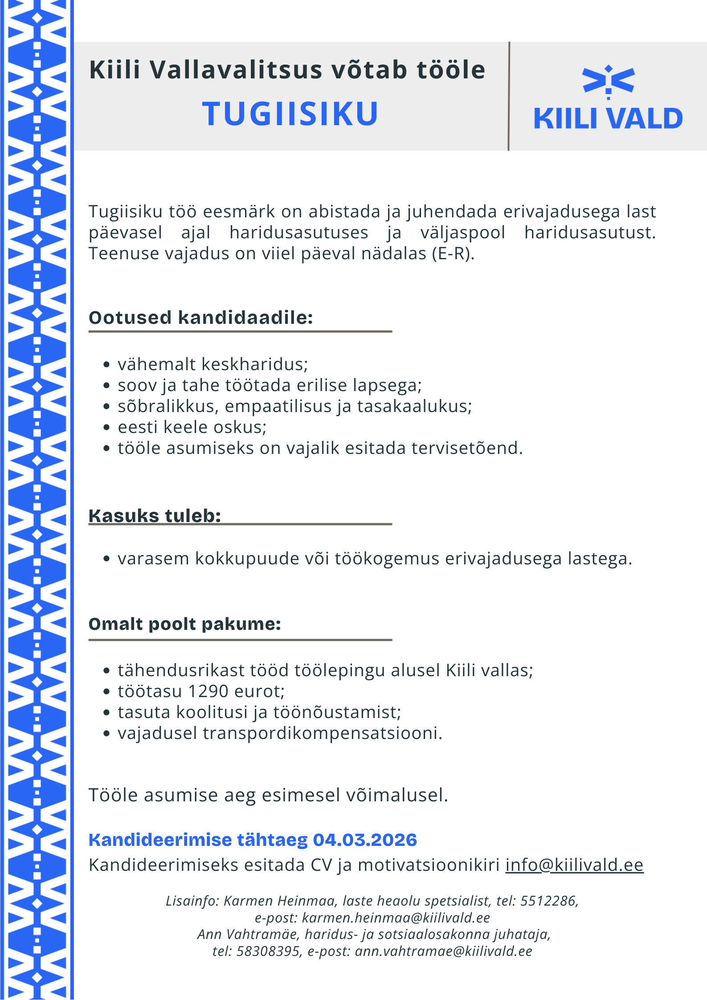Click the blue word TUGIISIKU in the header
point(290,114)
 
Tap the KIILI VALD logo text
point(608,118)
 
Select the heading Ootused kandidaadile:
point(200,318)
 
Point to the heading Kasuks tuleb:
point(155,515)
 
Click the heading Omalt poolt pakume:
point(184,624)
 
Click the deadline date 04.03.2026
point(365,840)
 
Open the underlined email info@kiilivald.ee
point(574,865)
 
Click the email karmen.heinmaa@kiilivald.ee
point(396,918)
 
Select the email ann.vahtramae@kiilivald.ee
point(443,951)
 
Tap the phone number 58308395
point(268,951)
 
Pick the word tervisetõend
point(467,448)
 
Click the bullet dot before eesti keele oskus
point(106,427)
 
